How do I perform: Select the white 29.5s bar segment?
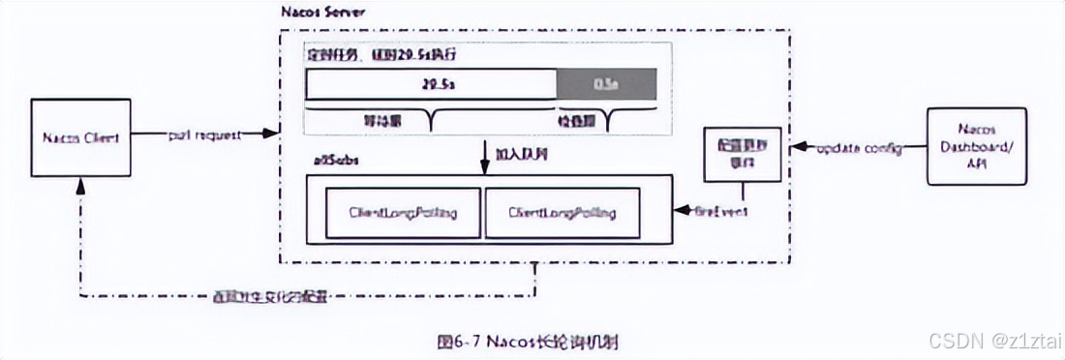pos(431,84)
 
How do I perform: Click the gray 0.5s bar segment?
pos(606,84)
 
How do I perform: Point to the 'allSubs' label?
pos(332,161)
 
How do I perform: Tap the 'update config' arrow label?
pos(859,149)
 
